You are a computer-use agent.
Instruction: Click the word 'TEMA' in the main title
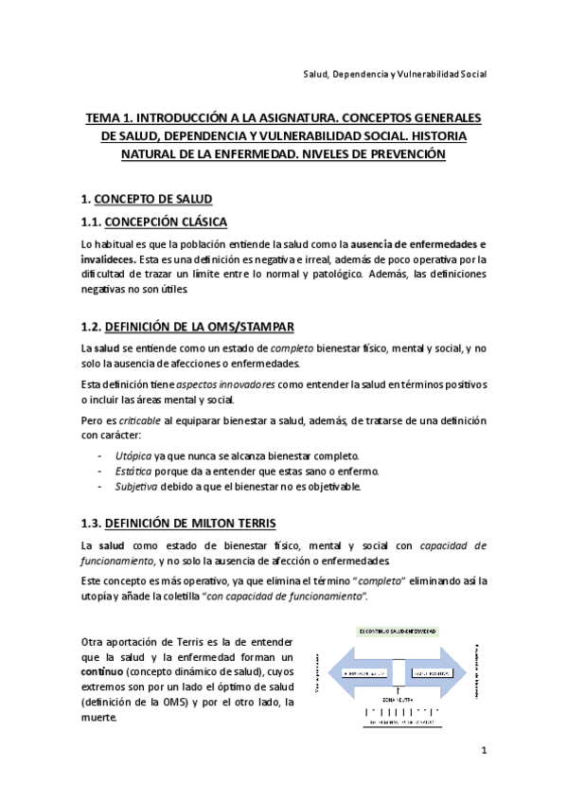[x=103, y=118]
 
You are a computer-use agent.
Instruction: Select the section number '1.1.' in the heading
[x=92, y=223]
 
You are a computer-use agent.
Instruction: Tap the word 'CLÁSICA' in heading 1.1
[x=197, y=223]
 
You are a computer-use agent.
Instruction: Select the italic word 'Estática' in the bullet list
[x=132, y=472]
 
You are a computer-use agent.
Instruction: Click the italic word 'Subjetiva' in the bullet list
[x=134, y=487]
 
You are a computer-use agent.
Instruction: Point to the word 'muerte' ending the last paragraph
[x=99, y=717]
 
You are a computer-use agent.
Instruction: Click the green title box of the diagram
[x=409, y=631]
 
